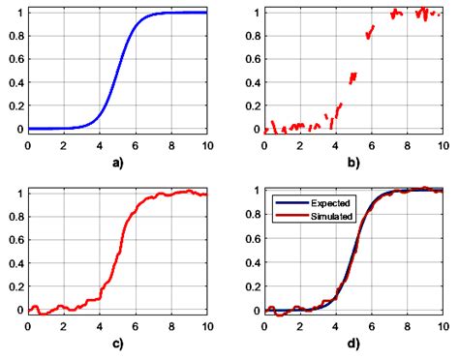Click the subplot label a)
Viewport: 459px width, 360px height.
[x=116, y=162]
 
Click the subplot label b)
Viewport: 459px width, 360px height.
[x=352, y=162]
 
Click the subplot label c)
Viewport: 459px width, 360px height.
[x=116, y=344]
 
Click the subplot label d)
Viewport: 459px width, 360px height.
[x=352, y=344]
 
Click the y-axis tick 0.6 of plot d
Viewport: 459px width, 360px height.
[x=250, y=238]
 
